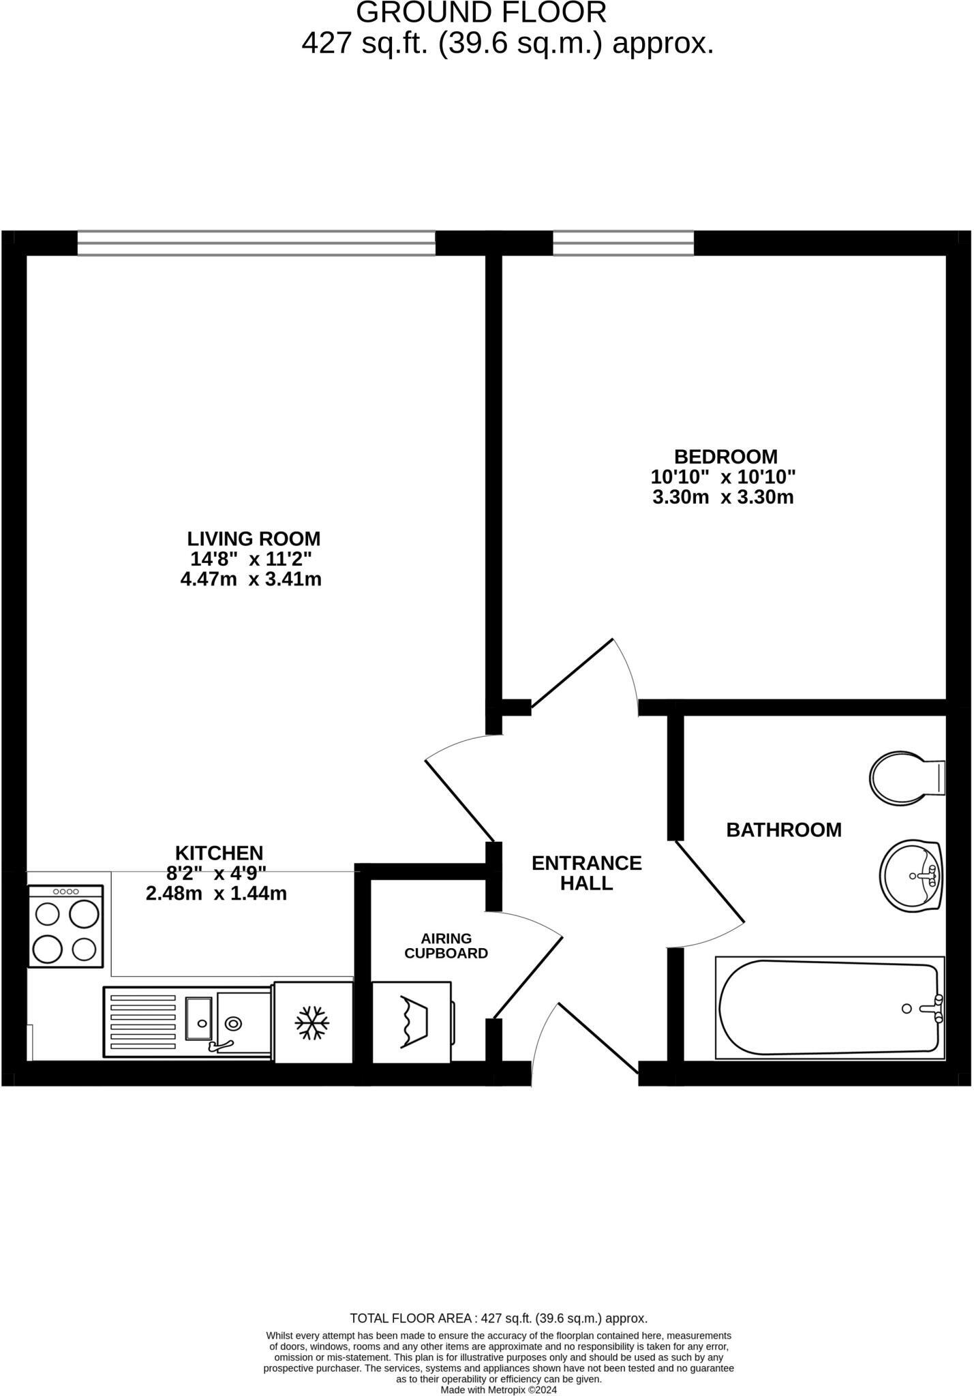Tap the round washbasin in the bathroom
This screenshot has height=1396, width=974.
coord(911,875)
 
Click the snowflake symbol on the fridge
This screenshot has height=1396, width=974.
coord(312,1023)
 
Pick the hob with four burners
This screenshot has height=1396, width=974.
coord(65,926)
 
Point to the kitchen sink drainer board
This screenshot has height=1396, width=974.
coord(143,1022)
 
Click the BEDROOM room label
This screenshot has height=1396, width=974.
coord(725,456)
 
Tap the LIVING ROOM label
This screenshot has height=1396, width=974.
coord(254,538)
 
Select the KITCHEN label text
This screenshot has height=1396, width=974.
coord(219,853)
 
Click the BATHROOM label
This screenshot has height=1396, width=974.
coord(784,830)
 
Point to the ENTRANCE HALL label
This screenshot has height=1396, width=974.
coord(586,873)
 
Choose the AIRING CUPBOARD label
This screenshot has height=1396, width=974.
coord(446,946)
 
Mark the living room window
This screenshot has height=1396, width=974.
coord(256,243)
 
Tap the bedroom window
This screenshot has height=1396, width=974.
coord(623,243)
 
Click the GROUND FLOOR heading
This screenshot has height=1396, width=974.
coord(481,13)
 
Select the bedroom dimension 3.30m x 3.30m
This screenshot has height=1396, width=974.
coord(723,497)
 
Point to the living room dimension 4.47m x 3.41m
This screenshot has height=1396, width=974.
coord(251,579)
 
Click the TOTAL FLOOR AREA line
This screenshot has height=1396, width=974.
coord(498,1318)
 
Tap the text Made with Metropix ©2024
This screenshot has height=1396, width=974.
coord(498,1390)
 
